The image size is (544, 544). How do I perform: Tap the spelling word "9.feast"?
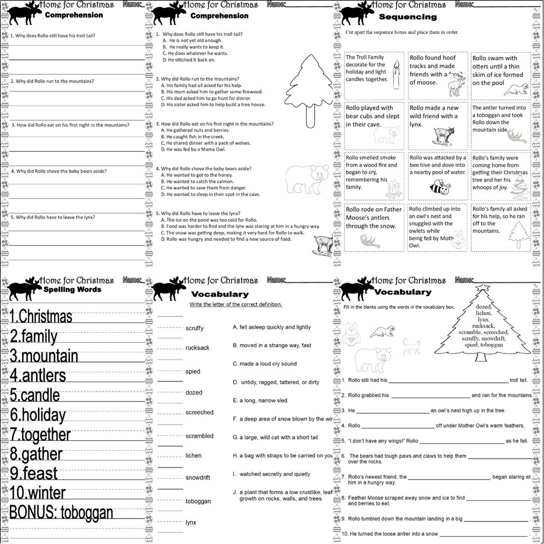pos(34,473)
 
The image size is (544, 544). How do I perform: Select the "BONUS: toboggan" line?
pos(61,513)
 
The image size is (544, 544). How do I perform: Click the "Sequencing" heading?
pos(408,17)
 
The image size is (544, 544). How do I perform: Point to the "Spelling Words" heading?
pos(72,290)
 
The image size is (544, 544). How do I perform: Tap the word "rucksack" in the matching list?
pos(198,348)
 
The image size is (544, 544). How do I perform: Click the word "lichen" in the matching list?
pos(193,456)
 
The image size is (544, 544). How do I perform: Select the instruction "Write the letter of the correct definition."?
pos(236,305)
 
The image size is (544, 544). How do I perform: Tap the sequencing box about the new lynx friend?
pos(437,126)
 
